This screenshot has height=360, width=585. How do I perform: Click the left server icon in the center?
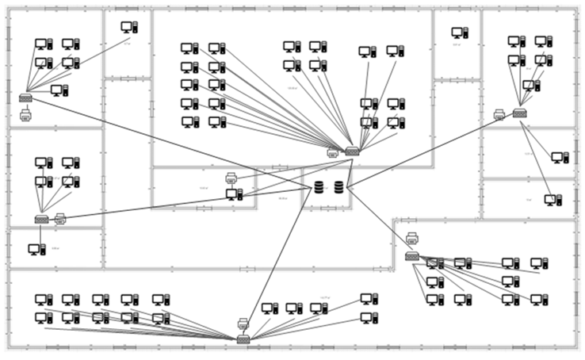319,187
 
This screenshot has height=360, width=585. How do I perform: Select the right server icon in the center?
339,187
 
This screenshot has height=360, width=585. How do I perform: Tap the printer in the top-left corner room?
25,115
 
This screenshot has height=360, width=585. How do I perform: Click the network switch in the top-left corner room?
25,98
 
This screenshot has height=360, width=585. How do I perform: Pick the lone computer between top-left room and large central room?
128,27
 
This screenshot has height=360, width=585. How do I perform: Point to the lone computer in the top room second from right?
460,33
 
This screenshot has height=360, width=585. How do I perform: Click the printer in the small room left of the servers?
231,178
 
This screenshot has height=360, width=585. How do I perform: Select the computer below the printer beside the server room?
234,194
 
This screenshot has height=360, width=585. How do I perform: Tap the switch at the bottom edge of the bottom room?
243,339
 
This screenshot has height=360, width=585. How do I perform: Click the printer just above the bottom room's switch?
243,324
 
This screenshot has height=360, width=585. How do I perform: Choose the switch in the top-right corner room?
519,113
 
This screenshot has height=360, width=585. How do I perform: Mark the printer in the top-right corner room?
499,115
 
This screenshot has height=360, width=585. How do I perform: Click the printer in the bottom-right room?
412,238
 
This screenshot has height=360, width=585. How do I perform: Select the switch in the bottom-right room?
412,255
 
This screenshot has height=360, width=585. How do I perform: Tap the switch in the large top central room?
352,151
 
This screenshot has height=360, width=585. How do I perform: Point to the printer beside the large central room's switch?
333,152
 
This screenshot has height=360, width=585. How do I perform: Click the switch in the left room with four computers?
41,220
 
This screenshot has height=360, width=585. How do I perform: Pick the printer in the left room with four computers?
60,218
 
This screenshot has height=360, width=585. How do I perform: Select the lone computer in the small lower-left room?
36,249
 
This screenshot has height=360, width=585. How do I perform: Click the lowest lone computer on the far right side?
552,201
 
